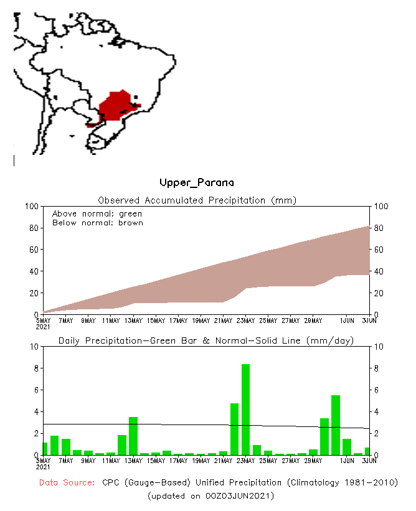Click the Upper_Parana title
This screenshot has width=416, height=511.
tap(197, 182)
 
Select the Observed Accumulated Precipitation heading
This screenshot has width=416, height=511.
tap(197, 200)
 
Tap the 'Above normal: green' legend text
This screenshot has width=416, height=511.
tap(97, 213)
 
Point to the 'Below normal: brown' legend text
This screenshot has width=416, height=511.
tap(97, 222)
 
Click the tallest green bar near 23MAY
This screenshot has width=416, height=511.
tap(245, 409)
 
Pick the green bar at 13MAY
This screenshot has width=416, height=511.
tap(133, 436)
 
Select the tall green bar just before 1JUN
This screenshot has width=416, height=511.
tap(336, 424)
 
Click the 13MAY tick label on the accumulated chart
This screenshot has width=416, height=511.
tap(133, 321)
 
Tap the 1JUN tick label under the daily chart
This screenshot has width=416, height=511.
tap(347, 461)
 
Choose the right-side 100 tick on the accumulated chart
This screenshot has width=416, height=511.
tap(382, 206)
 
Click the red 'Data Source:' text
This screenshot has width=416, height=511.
tap(66, 483)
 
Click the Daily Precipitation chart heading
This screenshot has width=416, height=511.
tap(206, 340)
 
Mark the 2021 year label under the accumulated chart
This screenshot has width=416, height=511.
tap(43, 327)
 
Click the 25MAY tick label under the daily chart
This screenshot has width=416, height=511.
tap(268, 461)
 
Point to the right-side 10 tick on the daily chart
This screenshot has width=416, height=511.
tap(379, 346)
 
